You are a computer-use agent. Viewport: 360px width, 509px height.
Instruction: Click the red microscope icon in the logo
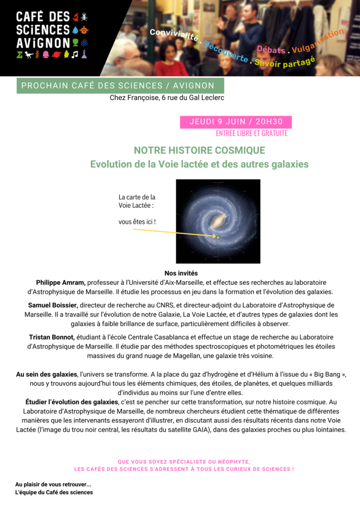(x=76, y=17)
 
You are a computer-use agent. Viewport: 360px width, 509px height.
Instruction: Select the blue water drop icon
(x=76, y=29)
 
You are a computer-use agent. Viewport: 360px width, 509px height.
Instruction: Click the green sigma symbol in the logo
(x=19, y=54)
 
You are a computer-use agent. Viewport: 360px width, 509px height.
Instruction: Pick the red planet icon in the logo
(x=56, y=54)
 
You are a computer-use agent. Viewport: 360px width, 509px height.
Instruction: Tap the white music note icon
(x=75, y=54)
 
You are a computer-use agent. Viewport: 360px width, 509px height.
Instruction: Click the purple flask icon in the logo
(x=85, y=54)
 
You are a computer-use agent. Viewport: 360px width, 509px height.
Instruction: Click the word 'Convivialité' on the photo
(x=174, y=35)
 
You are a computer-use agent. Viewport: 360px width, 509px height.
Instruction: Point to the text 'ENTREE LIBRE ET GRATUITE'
(x=252, y=133)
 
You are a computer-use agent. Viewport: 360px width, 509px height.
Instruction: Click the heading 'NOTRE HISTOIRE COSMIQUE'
(x=199, y=150)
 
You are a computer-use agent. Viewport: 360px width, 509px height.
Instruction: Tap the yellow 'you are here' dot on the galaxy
(x=218, y=237)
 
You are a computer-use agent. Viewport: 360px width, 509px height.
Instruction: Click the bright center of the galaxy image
(x=219, y=219)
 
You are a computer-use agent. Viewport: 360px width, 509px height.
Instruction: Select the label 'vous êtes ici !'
(x=140, y=222)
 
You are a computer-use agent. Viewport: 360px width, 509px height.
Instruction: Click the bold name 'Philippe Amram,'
(x=61, y=282)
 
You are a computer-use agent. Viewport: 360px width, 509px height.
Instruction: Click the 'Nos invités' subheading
(x=181, y=273)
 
